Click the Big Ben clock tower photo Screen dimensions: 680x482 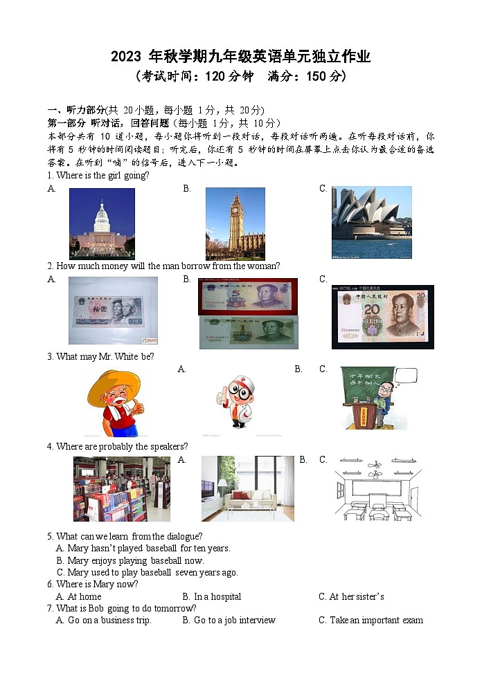pos(235,223)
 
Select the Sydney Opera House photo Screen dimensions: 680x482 pos(371,221)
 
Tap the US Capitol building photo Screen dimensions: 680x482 pos(102,223)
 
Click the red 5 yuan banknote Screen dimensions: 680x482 pos(248,296)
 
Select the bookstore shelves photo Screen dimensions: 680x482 pos(121,488)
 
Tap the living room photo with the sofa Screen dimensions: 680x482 pos(247,488)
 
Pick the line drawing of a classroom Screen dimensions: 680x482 pos(377,488)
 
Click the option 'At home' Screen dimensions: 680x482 pos(84,596)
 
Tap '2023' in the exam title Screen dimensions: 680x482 pos(125,57)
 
